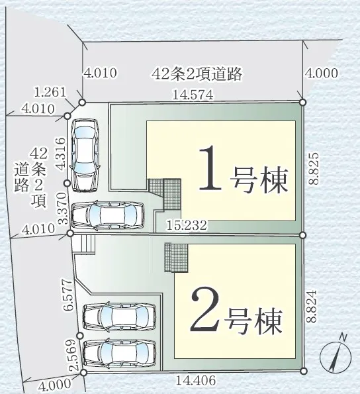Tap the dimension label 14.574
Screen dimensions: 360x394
tap(193, 95)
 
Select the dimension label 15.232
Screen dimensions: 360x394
tap(187, 225)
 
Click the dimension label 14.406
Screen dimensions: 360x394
tap(195, 381)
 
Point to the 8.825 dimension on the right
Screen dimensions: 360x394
tap(314, 168)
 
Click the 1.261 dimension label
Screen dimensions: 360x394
tap(50, 92)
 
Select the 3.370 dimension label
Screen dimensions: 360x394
tap(62, 208)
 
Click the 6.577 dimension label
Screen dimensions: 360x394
tap(67, 295)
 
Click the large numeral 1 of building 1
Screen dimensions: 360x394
tap(210, 168)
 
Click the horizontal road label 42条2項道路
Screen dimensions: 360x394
tap(197, 74)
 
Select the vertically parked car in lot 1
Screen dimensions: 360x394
tap(85, 155)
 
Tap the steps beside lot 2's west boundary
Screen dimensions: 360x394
tap(87, 244)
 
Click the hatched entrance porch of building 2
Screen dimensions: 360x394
tap(176, 258)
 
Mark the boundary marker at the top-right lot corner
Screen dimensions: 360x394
tap(303, 102)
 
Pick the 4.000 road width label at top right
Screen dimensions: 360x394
tap(322, 74)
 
